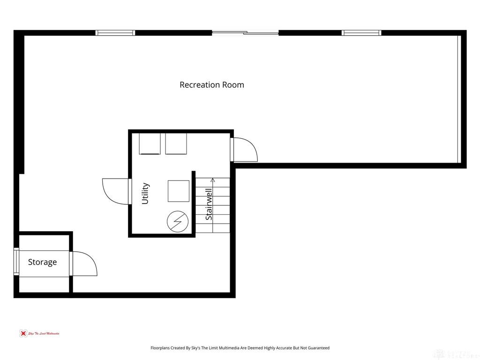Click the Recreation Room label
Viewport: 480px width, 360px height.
click(212, 85)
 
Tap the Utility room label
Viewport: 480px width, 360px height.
click(145, 193)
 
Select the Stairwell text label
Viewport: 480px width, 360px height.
click(209, 204)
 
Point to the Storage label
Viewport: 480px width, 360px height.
click(42, 262)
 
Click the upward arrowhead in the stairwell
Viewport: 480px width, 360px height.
click(213, 180)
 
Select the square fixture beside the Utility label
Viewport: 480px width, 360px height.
click(179, 191)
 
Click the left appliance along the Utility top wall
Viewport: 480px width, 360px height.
click(150, 143)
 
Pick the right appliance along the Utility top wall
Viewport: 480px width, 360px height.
click(176, 143)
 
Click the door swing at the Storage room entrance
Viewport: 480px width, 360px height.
click(84, 264)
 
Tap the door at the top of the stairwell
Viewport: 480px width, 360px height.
click(244, 149)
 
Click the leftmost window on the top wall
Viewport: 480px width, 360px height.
click(115, 33)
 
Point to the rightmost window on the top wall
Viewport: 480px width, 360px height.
click(361, 33)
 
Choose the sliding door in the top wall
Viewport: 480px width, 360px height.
click(245, 33)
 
